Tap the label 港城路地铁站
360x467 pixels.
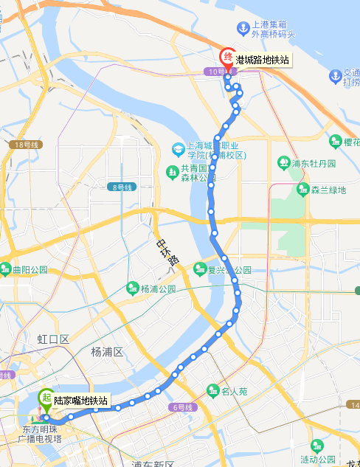[262, 60]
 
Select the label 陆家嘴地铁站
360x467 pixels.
[81, 401]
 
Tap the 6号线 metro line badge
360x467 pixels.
[182, 407]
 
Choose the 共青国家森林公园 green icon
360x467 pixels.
[172, 173]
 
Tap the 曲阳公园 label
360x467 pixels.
[30, 269]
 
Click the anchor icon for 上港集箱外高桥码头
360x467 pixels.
[242, 27]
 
